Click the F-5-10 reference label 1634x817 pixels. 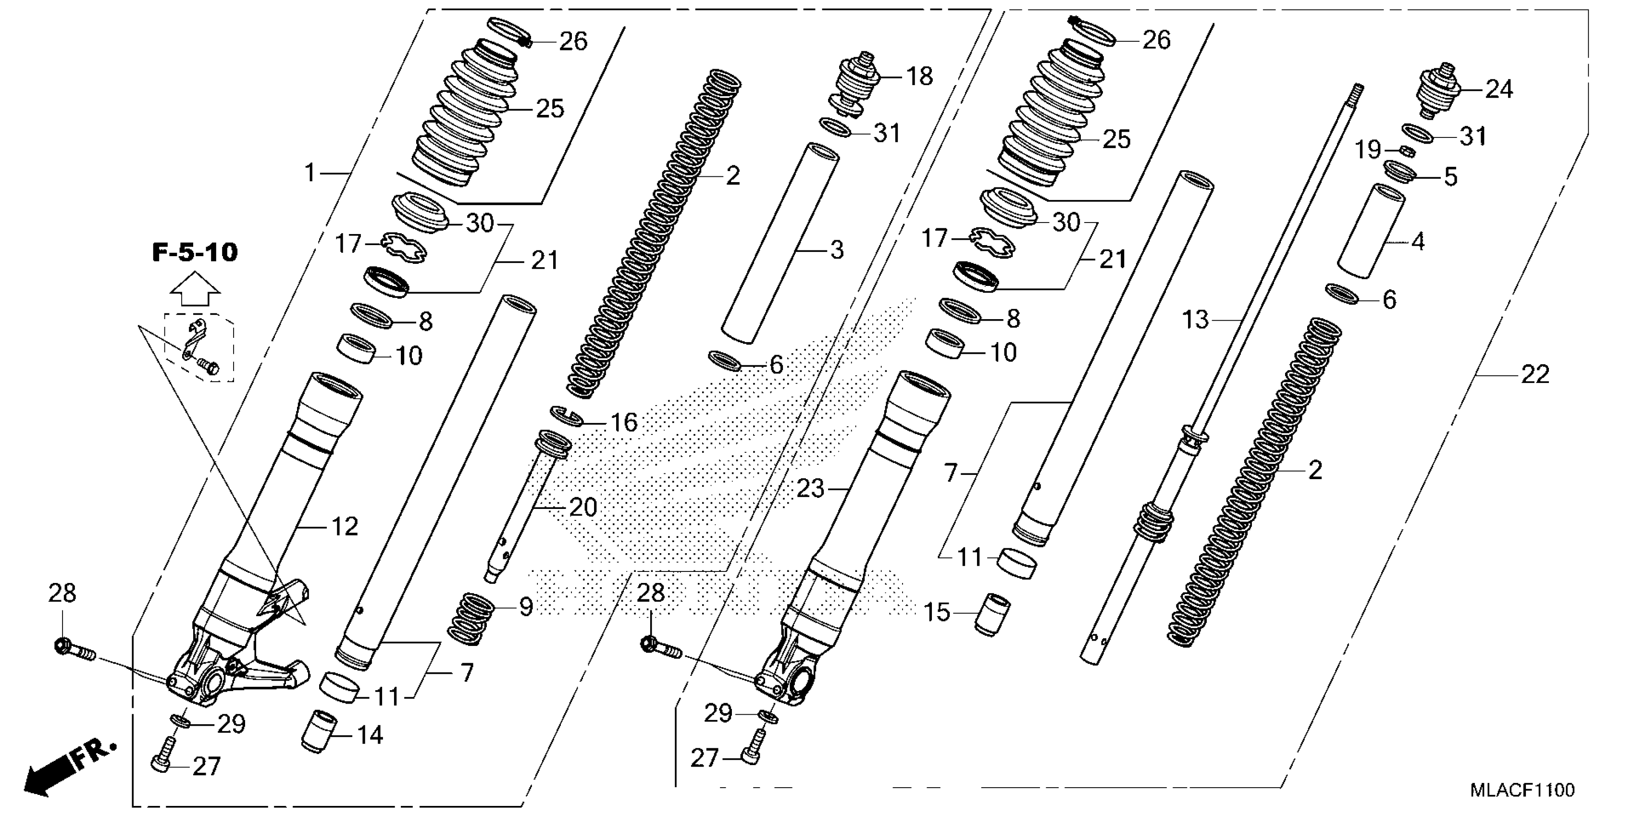coord(195,252)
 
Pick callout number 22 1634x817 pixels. coord(1535,375)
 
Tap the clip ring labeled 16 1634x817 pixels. coord(565,416)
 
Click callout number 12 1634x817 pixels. coord(345,526)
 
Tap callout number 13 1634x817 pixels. coord(1195,321)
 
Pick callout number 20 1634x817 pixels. coord(583,508)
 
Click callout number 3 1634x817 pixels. coord(837,250)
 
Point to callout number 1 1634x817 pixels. coord(309,172)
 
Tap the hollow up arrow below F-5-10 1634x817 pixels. coord(195,289)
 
